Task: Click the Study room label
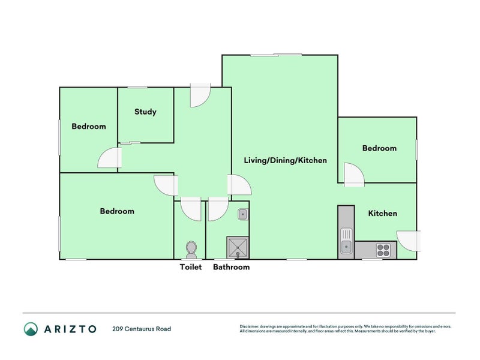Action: pyautogui.click(x=145, y=112)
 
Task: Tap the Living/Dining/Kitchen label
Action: pyautogui.click(x=285, y=160)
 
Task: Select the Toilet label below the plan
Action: pyautogui.click(x=191, y=267)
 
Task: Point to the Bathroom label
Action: pyautogui.click(x=231, y=267)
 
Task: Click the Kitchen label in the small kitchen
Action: pyautogui.click(x=382, y=213)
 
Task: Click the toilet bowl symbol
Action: pyautogui.click(x=191, y=248)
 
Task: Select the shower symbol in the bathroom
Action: pyautogui.click(x=238, y=247)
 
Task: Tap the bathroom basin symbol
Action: pyautogui.click(x=242, y=213)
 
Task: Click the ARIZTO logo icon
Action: pyautogui.click(x=31, y=329)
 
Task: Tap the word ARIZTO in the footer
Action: pyautogui.click(x=70, y=329)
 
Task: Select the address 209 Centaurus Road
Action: pyautogui.click(x=141, y=329)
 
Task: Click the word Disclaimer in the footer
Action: pyautogui.click(x=251, y=326)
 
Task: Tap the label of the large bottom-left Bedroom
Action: pyautogui.click(x=117, y=211)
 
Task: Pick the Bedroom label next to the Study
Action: pyautogui.click(x=89, y=127)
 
